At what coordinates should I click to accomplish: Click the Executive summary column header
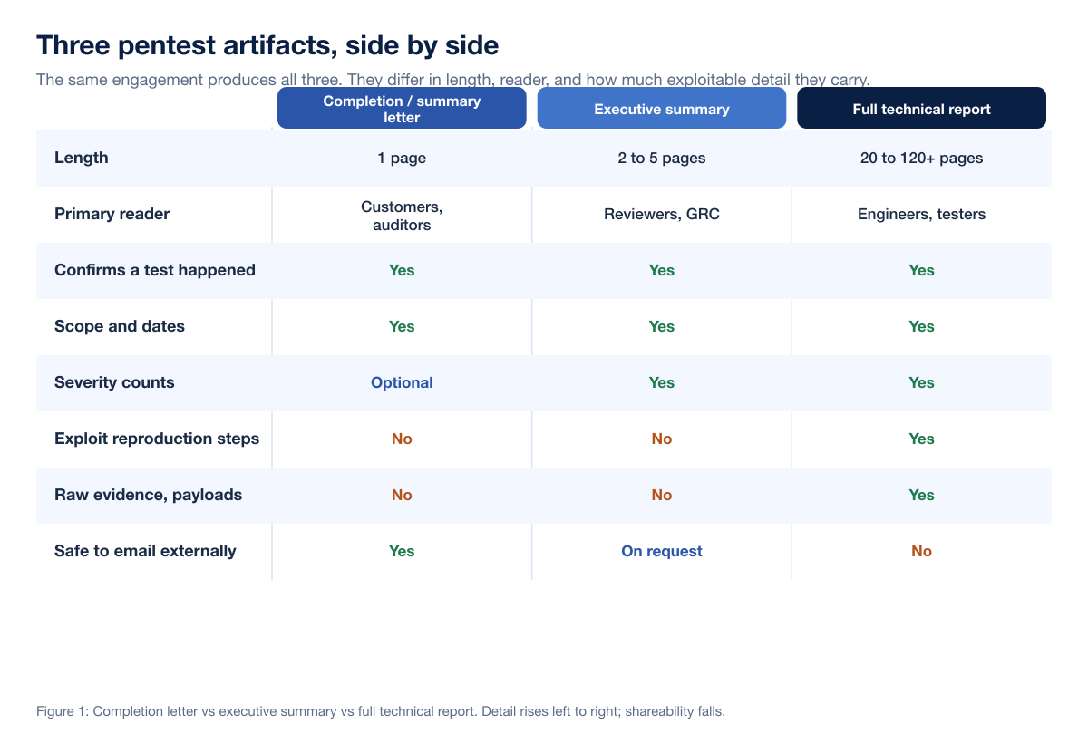662,108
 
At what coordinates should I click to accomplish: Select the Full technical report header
921,108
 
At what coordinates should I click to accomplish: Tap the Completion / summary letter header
402,108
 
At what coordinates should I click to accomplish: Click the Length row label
81,158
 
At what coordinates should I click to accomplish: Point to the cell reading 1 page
402,159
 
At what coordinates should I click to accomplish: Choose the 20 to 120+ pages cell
921,159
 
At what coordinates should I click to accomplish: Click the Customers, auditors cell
402,216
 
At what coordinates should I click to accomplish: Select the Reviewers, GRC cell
662,214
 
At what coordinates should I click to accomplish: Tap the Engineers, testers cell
921,214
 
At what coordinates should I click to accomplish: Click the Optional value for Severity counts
402,383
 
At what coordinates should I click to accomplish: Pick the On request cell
662,551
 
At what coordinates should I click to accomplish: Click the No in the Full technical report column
921,551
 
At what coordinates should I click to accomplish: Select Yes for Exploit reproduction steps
921,439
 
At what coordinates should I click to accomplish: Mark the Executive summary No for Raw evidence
662,495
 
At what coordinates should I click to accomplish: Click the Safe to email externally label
145,551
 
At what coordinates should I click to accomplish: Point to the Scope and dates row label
120,326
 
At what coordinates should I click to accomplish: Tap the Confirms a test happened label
155,270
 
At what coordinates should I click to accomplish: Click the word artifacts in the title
280,45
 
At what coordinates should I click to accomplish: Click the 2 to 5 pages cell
662,159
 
